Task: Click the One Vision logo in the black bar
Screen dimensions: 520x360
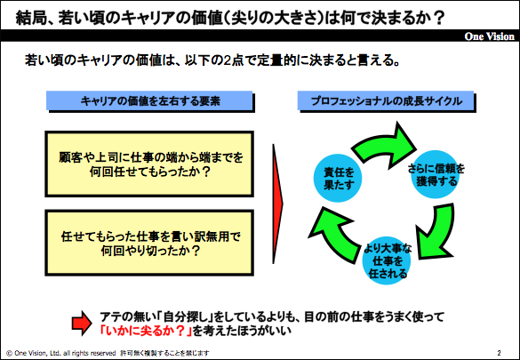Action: [490, 36]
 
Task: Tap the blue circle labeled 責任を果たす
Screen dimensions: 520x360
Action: [338, 178]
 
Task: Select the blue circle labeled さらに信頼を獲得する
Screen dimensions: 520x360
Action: [436, 174]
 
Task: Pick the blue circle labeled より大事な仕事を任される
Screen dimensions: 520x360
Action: [387, 260]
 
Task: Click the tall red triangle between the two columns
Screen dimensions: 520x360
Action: [277, 204]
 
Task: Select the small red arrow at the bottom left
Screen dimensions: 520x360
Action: [82, 324]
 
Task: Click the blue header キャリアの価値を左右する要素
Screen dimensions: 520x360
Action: [149, 100]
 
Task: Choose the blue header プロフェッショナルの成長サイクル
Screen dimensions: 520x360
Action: [386, 100]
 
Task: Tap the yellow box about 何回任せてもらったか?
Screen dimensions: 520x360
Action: [149, 164]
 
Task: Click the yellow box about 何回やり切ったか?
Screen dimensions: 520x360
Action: [149, 243]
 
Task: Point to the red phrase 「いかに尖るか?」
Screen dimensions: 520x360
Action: [147, 331]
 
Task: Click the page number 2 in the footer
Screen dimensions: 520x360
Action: [499, 353]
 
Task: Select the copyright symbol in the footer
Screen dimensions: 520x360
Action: [9, 353]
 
